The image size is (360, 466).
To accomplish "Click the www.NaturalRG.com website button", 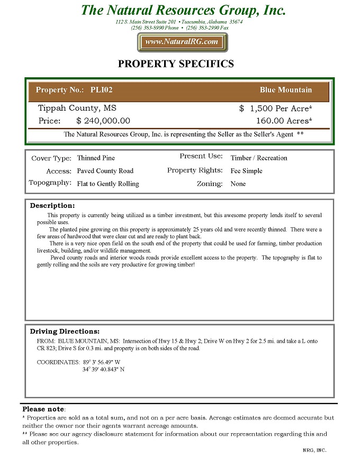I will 182,42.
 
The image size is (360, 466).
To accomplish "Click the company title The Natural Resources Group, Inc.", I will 183,10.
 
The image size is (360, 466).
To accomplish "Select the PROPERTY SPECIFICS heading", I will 176,64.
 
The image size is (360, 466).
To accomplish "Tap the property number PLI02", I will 101,90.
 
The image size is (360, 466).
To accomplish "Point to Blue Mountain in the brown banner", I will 286,90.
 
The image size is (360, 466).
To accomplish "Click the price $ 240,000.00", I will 103,121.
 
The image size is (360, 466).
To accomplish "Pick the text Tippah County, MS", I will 77,108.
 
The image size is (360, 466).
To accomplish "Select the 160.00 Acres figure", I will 284,121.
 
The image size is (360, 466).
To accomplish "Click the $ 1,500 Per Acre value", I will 275,109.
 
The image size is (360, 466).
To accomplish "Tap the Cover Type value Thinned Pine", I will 96,158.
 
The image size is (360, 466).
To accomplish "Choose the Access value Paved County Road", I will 105,171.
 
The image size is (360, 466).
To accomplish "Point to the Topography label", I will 50,183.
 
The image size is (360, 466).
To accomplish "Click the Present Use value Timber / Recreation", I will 259,158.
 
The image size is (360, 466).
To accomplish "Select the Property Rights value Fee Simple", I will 246,171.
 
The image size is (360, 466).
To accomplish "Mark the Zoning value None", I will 238,184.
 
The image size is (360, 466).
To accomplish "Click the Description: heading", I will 52,205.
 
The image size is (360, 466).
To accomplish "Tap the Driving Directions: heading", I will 65,331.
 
